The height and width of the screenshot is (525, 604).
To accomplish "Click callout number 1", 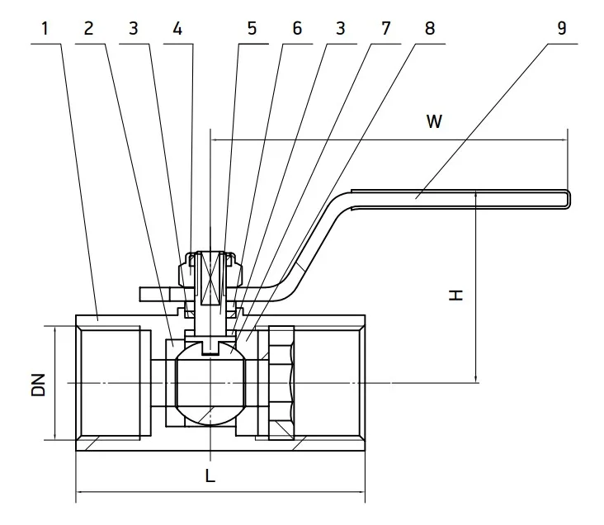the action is tap(45, 29).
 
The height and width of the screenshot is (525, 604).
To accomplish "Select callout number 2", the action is tap(88, 29).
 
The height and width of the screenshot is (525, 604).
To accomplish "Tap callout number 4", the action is tap(177, 29).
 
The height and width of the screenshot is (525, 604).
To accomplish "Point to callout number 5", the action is tap(252, 29).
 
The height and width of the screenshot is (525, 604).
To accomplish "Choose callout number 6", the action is tap(297, 29).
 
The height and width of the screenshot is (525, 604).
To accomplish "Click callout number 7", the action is tap(385, 29).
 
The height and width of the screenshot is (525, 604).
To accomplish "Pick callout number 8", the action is tap(430, 29).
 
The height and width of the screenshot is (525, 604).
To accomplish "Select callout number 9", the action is tap(562, 29).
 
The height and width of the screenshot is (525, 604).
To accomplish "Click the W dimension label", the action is tap(434, 121).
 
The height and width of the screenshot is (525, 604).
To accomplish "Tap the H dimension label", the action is tap(455, 296).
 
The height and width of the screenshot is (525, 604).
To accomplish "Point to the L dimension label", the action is tap(210, 475).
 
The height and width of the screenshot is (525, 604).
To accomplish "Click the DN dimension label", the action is tap(39, 385).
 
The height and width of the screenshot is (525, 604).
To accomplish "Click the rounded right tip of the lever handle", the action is tap(569, 199).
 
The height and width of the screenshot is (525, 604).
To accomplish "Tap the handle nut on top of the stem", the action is tap(210, 270).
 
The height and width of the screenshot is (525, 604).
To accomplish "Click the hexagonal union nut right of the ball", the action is tap(281, 383).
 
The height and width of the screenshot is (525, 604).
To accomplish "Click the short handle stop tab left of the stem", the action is tap(155, 294).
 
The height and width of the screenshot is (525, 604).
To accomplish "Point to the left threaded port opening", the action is tap(110, 383).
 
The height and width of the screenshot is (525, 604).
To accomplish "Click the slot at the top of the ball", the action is tap(210, 347).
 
